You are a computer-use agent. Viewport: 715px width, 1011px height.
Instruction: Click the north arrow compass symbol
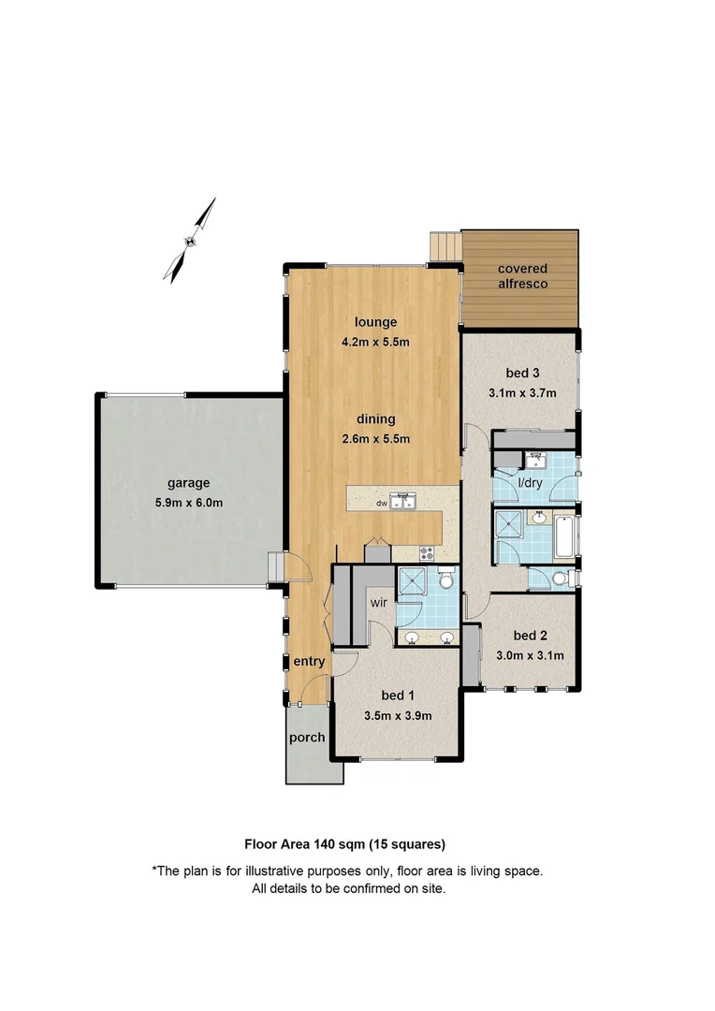(x=191, y=240)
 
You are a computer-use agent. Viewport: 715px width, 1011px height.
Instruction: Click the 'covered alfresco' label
(x=522, y=275)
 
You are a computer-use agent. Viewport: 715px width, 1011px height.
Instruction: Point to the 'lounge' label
(x=375, y=323)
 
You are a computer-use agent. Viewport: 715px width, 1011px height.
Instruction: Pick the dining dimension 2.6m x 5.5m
(x=375, y=438)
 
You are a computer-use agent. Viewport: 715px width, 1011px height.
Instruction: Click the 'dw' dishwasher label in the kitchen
(x=381, y=503)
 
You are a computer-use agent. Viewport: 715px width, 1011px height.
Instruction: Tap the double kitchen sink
(x=404, y=503)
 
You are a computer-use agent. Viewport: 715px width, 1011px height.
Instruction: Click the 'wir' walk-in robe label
(x=379, y=603)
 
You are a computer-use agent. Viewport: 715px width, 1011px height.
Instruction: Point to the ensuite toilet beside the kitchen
(x=446, y=580)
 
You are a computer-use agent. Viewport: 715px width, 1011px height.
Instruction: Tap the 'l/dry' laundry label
(x=530, y=483)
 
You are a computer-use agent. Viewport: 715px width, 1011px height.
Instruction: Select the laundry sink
(x=535, y=460)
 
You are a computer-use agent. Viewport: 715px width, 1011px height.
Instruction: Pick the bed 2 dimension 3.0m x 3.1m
(x=529, y=655)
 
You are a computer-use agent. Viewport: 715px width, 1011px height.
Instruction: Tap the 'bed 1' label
(x=398, y=696)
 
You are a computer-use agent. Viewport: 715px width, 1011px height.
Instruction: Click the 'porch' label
(x=306, y=738)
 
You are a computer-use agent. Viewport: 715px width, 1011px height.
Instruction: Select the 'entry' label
(x=309, y=662)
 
